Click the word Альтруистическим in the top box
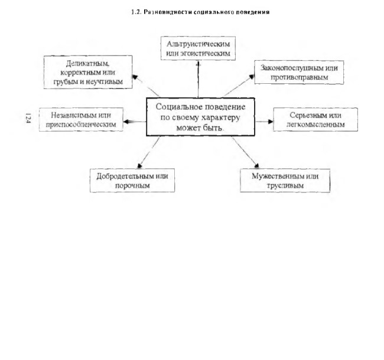pyautogui.click(x=198, y=44)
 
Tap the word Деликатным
pyautogui.click(x=87, y=64)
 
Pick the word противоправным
pyautogui.click(x=299, y=77)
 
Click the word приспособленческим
pyautogui.click(x=81, y=125)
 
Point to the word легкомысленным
pyautogui.click(x=315, y=125)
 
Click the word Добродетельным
pyautogui.click(x=125, y=176)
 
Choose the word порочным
pyautogui.click(x=132, y=185)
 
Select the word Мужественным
pyautogui.click(x=278, y=176)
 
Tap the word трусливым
pyautogui.click(x=285, y=185)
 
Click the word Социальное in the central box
pyautogui.click(x=179, y=107)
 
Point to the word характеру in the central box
pyautogui.click(x=222, y=117)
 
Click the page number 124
pyautogui.click(x=28, y=118)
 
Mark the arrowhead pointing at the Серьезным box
pyautogui.click(x=271, y=122)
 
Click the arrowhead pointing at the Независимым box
pyautogui.click(x=126, y=122)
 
